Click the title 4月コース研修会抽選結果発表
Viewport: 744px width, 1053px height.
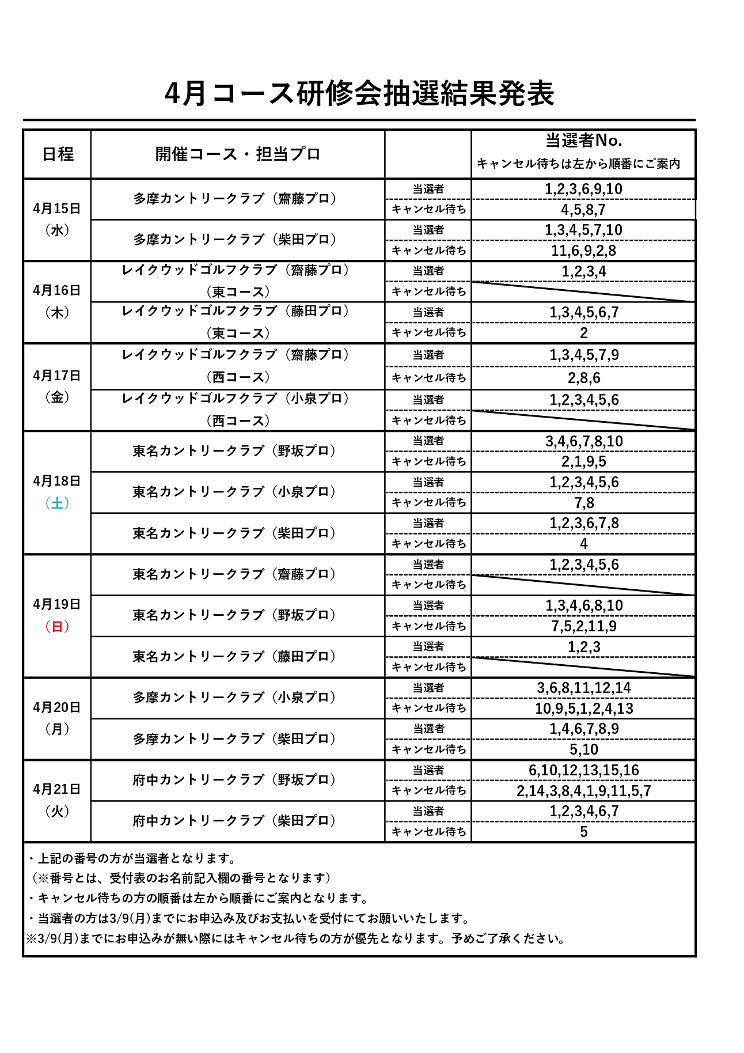[x=359, y=93]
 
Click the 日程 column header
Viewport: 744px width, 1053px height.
[x=58, y=154]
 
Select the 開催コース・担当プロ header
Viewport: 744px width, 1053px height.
[x=237, y=154]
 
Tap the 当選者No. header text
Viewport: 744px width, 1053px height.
[x=583, y=141]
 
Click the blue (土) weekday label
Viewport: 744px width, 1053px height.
[x=57, y=503]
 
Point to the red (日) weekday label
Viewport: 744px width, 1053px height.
[x=57, y=626]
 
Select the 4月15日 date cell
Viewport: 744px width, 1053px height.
[x=57, y=209]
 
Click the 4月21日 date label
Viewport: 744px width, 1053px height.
[x=57, y=789]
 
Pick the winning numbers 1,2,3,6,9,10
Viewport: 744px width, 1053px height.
[x=583, y=189]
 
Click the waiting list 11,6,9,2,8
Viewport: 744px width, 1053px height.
[x=583, y=251]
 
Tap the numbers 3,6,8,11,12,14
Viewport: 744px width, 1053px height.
[x=583, y=688]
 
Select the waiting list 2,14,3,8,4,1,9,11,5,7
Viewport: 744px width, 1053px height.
[x=583, y=790]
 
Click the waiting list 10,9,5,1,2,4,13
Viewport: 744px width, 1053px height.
[x=583, y=709]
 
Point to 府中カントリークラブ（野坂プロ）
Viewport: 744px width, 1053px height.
[x=234, y=779]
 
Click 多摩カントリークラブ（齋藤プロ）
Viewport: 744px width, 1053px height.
[x=235, y=199]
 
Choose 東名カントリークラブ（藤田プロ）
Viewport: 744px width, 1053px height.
[x=234, y=657]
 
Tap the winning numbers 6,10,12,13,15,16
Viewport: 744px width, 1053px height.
[x=583, y=770]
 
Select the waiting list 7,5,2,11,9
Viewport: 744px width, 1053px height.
[x=583, y=626]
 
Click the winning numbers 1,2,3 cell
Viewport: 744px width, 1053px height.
[x=583, y=647]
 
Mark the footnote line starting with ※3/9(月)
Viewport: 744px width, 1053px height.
[x=295, y=938]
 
